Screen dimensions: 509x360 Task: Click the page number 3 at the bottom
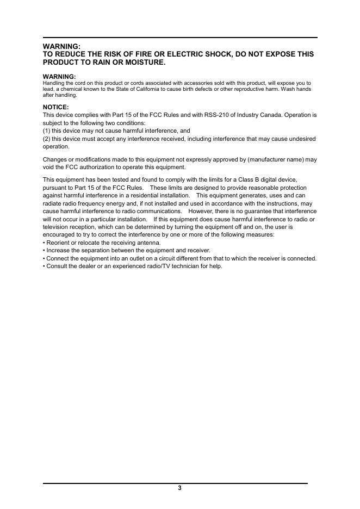tap(179, 488)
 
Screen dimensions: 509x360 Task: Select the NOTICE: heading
tap(55, 107)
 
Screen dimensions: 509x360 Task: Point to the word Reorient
tap(59, 243)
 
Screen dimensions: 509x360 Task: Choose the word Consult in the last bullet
tap(57, 266)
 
